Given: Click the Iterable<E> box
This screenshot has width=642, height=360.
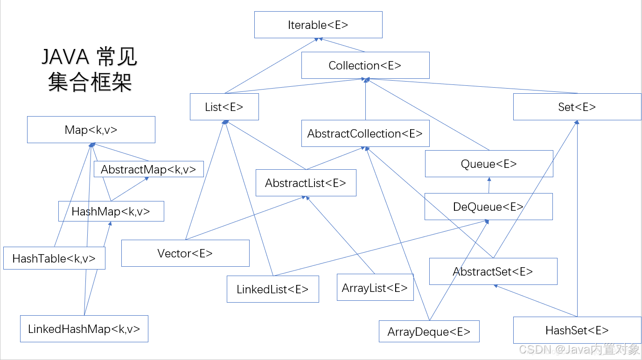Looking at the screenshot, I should [318, 25].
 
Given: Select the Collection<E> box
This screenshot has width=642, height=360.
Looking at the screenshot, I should [365, 65].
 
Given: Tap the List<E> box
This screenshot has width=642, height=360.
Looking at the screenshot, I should [224, 107].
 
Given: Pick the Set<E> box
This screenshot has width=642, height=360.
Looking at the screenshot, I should [577, 107].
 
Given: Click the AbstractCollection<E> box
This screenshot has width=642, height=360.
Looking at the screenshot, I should [365, 134].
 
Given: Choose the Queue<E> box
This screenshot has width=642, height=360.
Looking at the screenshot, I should [488, 164].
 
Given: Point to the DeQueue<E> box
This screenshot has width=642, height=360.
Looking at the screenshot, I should [488, 207].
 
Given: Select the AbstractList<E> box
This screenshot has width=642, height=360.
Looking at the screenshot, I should [306, 183].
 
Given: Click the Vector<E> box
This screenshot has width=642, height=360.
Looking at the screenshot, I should [185, 253].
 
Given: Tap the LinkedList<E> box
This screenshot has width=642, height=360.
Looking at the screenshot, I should [272, 289].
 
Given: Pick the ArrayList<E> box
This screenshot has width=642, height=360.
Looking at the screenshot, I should [375, 288].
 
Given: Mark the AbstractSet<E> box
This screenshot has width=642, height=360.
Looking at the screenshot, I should [493, 271].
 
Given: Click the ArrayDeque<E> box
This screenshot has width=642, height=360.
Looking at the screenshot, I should [429, 332].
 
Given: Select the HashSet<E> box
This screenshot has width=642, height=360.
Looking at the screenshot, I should [577, 330].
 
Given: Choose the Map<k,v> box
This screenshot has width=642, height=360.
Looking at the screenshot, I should [91, 130].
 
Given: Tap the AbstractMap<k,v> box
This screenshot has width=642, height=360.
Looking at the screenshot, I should [148, 169].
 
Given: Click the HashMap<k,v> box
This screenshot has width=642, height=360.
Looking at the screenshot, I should [111, 211].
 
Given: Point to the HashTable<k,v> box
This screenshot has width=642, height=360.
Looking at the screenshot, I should [54, 258].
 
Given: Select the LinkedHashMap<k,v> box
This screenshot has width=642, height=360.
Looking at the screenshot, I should [84, 329].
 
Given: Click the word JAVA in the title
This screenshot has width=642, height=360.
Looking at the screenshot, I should [65, 57].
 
